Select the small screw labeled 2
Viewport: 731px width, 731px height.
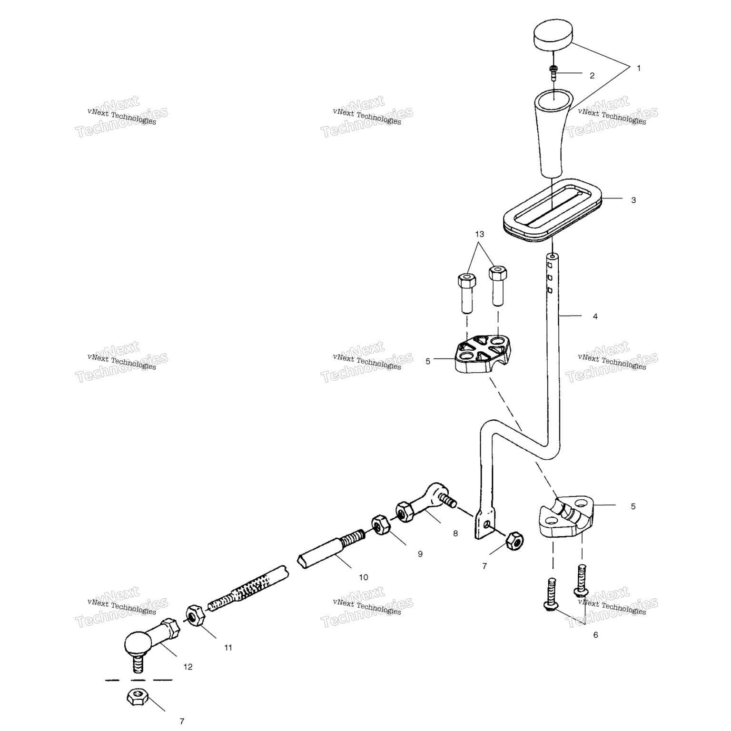[x=553, y=73]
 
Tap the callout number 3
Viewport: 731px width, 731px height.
[x=633, y=200]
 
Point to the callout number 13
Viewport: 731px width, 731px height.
[x=479, y=234]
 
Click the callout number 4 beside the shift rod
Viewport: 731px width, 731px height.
[x=595, y=316]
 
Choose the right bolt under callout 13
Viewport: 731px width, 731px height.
[x=497, y=286]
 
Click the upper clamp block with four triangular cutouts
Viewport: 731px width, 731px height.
[x=480, y=355]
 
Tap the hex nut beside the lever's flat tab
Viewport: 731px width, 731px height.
[x=514, y=541]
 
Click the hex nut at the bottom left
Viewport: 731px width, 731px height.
[x=138, y=698]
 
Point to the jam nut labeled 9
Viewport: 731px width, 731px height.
[x=379, y=525]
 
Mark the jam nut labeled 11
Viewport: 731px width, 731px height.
[x=194, y=616]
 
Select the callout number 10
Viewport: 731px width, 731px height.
[x=363, y=577]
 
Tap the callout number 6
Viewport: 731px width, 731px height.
[x=595, y=635]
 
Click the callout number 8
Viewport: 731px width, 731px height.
[x=455, y=533]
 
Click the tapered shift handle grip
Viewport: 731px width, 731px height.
[x=552, y=133]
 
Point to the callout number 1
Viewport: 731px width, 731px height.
[x=639, y=68]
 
